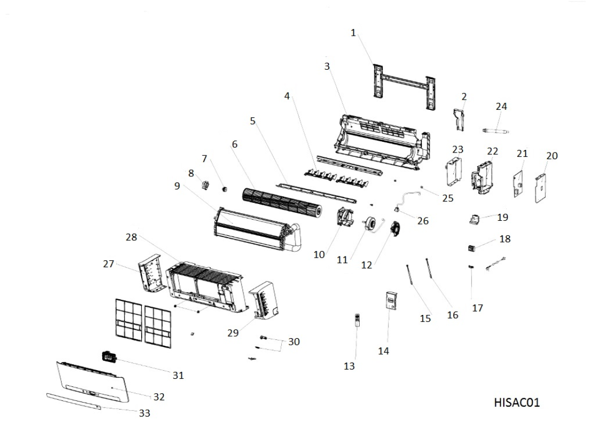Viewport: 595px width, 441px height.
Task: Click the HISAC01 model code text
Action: point(517,403)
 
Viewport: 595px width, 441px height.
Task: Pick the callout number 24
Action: point(501,107)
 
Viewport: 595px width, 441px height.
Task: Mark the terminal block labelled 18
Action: point(473,248)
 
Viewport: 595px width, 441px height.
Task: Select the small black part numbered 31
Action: point(110,357)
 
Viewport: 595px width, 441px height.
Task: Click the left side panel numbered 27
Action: point(153,277)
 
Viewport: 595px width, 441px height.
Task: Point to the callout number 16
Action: point(452,315)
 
